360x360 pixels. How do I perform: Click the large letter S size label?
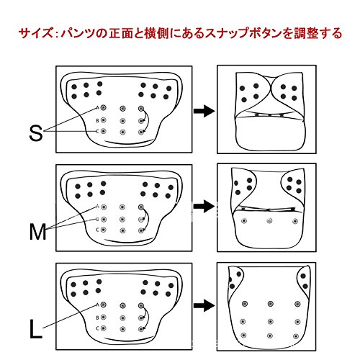tap(36, 132)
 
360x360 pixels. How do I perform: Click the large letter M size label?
tap(37, 232)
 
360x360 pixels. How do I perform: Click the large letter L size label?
tap(35, 329)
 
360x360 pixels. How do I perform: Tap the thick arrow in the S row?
tap(204, 111)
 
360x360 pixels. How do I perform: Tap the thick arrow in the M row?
tap(204, 207)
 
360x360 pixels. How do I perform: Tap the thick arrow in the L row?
tap(204, 305)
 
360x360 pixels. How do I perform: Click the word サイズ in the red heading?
tap(35, 33)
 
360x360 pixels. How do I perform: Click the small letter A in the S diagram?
tap(97, 108)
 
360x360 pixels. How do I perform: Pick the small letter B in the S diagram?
tap(97, 120)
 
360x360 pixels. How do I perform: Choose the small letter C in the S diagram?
tap(97, 131)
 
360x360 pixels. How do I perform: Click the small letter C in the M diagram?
tap(97, 230)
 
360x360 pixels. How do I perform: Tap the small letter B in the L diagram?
tap(97, 318)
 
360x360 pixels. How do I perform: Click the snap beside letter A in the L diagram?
tap(104, 305)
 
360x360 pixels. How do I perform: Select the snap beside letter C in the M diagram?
tap(104, 230)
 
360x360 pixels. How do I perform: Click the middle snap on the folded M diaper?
tap(269, 220)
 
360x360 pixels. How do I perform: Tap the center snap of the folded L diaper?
tap(271, 321)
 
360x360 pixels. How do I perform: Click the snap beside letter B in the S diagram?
tap(104, 120)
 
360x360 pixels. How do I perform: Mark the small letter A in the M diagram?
tap(97, 206)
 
